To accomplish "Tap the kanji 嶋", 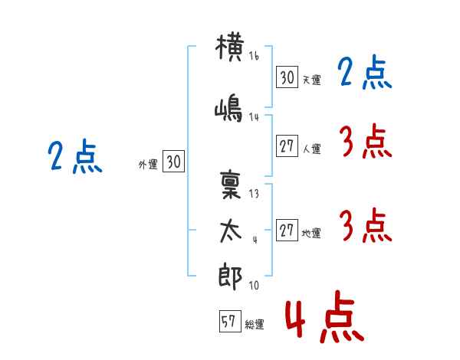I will pos(231,109).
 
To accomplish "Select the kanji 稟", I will pos(231,185).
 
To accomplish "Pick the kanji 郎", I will pos(231,276).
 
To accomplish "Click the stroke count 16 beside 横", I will pos(254,57).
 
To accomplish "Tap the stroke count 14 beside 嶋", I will pos(255,116).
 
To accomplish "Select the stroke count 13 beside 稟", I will pos(254,194).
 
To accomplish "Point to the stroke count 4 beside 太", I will pos(254,239).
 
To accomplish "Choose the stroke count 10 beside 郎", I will pos(254,286).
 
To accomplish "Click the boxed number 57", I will pos(228,322).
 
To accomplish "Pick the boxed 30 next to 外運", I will pos(173,162).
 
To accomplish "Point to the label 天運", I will pos(311,80).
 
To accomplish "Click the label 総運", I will pos(255,325).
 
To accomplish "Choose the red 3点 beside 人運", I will pos(364,141).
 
